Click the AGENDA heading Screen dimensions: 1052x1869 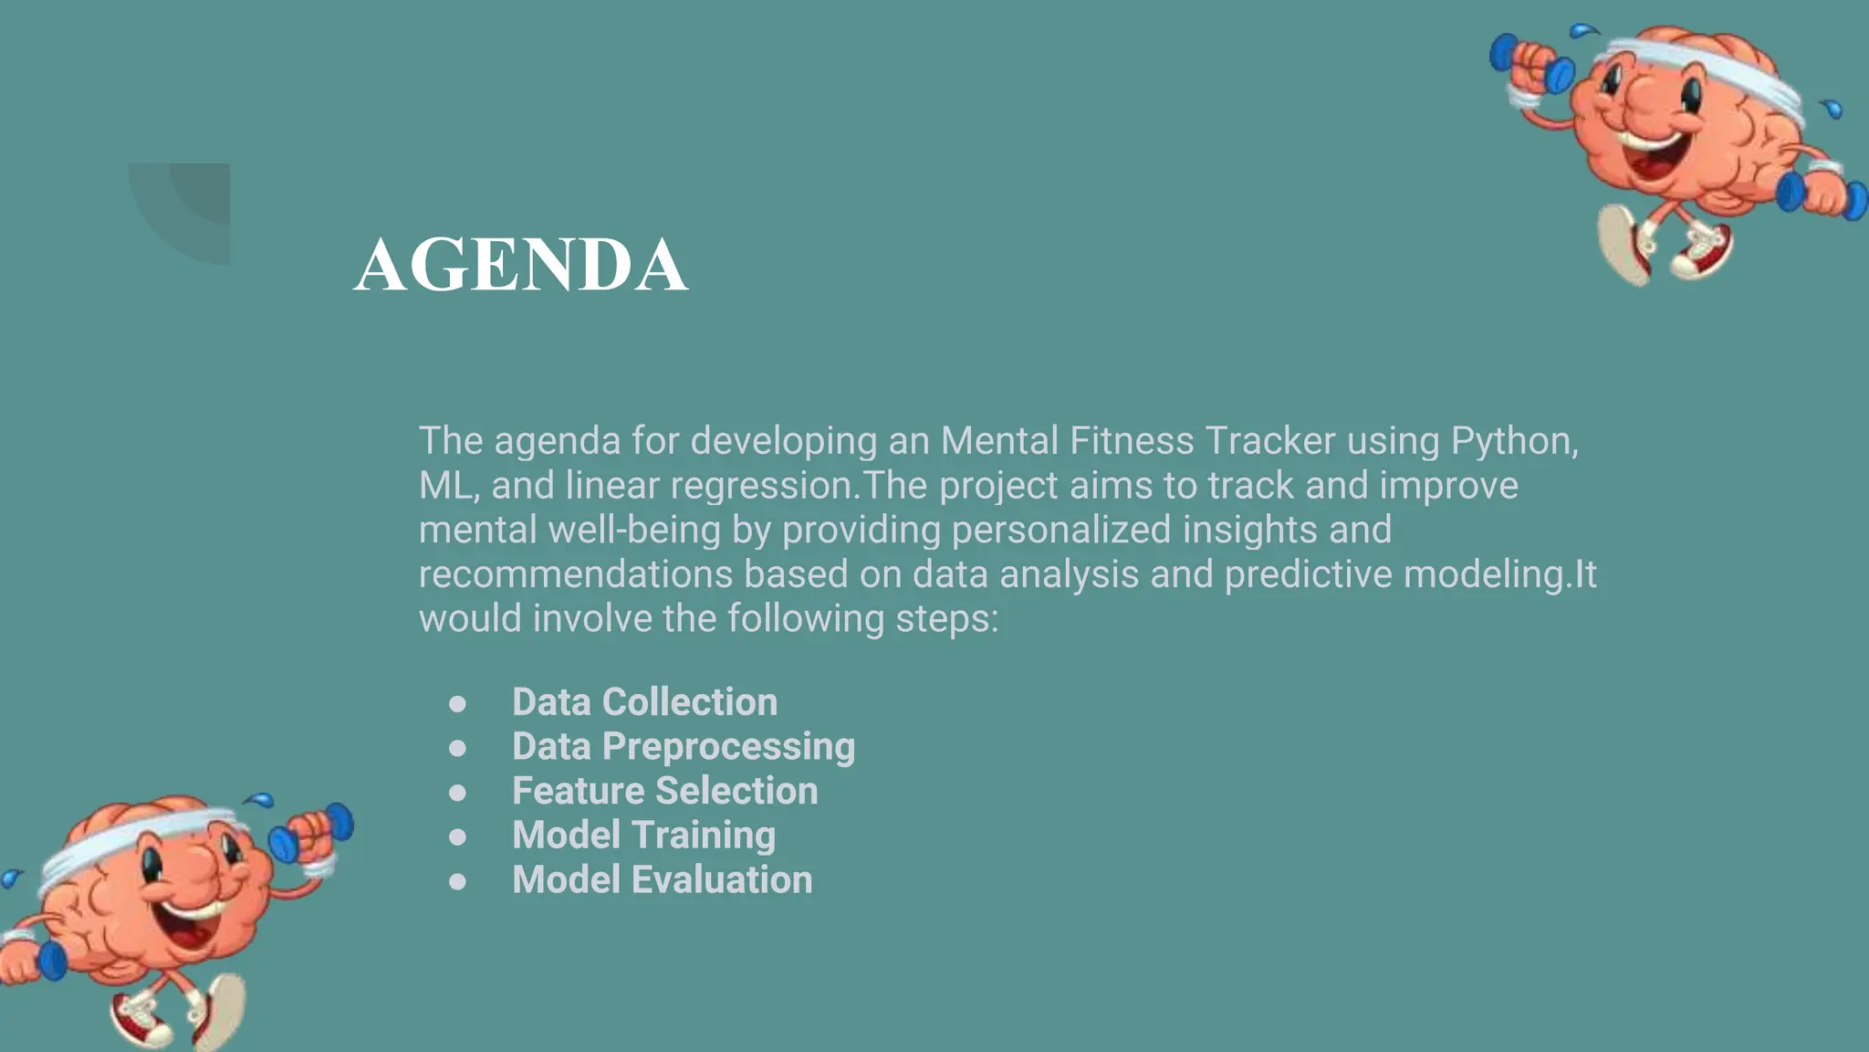click(520, 265)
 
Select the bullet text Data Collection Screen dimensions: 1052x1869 click(644, 702)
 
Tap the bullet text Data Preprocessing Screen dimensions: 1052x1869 click(683, 747)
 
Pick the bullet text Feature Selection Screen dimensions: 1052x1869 click(664, 791)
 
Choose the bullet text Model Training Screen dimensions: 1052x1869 click(643, 836)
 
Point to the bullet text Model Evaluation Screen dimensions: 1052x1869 click(662, 880)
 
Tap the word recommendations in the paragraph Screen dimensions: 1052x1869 click(575, 575)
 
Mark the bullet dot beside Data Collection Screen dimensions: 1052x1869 click(457, 703)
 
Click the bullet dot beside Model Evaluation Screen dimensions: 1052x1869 click(457, 881)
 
